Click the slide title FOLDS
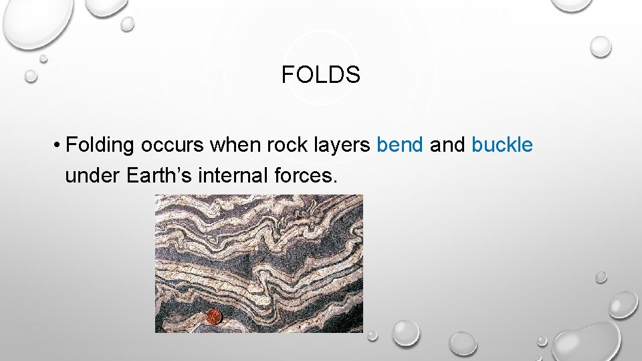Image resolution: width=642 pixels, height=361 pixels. (320, 76)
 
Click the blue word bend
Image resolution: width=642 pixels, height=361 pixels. (400, 145)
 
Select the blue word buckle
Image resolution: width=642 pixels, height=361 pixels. (502, 145)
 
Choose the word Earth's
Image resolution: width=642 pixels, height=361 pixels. (156, 176)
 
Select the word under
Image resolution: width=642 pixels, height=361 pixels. (91, 176)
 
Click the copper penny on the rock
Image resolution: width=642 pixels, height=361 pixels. (213, 316)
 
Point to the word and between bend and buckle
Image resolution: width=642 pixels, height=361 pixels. (447, 145)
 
